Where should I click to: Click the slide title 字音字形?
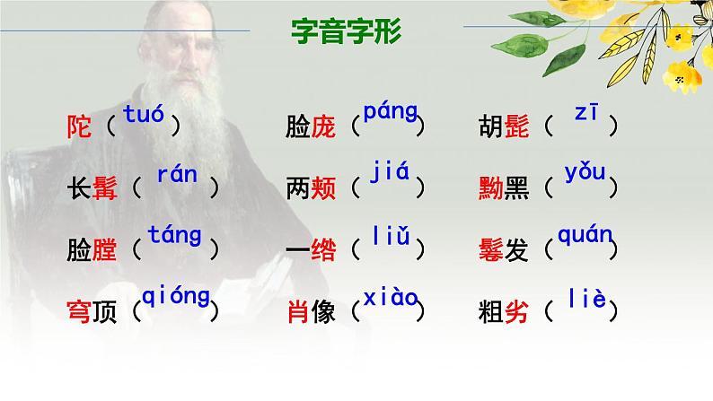[x=347, y=32]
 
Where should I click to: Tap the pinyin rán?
[x=176, y=175]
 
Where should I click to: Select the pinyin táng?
[x=174, y=236]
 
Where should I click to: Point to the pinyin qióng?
[x=175, y=297]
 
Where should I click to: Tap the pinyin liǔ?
[x=391, y=236]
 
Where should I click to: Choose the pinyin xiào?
[x=390, y=297]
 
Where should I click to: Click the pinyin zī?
[x=585, y=113]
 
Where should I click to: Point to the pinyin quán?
[x=585, y=236]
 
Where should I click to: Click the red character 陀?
[x=80, y=127]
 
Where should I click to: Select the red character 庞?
[x=323, y=127]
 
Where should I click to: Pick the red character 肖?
[x=297, y=311]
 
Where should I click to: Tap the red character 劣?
[x=517, y=311]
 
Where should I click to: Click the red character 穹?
[x=80, y=311]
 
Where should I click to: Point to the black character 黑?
[x=517, y=188]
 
